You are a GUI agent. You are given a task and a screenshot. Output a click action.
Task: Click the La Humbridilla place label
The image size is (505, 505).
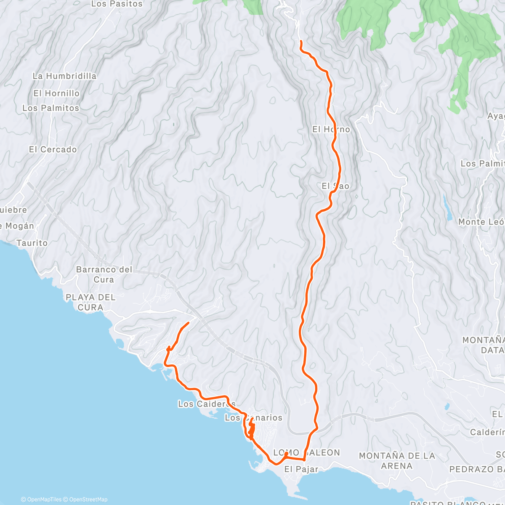(64, 76)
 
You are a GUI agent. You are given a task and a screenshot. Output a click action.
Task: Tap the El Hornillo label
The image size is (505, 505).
(56, 93)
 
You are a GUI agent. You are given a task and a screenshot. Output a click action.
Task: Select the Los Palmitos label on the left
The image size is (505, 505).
(50, 108)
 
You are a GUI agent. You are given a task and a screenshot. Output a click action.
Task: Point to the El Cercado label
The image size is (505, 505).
(53, 149)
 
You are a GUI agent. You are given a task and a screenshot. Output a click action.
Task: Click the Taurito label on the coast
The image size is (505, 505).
(32, 243)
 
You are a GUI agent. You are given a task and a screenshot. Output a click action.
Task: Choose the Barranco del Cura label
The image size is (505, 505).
(104, 274)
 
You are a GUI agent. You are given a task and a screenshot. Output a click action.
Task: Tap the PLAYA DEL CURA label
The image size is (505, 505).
(90, 302)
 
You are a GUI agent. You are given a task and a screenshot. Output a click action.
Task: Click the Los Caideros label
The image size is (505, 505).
(207, 404)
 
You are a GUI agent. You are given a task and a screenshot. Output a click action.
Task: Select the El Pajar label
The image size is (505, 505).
(301, 469)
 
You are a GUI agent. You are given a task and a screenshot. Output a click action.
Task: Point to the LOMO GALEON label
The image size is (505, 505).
(306, 453)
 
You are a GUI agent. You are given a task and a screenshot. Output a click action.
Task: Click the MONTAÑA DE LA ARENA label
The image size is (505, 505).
(396, 461)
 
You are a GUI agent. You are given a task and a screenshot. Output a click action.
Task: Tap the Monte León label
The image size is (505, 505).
(481, 222)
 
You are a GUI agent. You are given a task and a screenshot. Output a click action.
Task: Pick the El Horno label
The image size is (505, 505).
(331, 129)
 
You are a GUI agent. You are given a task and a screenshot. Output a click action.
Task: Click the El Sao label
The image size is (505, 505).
(335, 186)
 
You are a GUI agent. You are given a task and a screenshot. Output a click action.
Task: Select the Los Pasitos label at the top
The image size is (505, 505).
(117, 4)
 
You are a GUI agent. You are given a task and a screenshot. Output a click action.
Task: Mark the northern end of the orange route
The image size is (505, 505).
(300, 41)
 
